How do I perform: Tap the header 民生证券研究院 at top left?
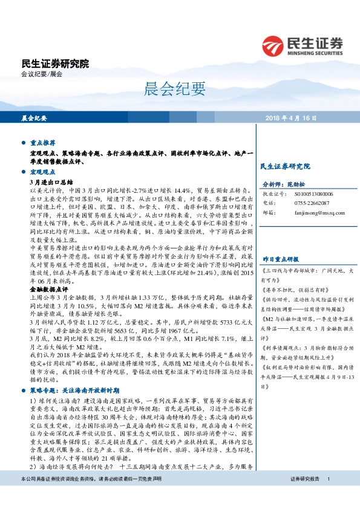point(55,63)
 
